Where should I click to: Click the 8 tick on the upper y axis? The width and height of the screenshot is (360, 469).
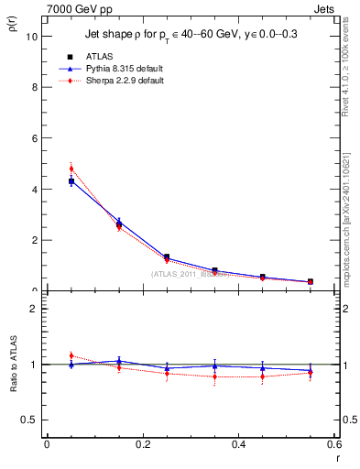coord(34,88)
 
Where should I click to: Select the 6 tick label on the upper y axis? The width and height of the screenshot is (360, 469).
coord(34,138)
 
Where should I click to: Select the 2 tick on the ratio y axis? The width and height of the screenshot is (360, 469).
coord(34,309)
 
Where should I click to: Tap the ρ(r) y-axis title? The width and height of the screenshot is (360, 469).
coord(10,27)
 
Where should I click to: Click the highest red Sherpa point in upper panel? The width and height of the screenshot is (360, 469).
coord(71,169)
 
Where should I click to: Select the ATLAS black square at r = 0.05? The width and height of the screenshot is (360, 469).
coord(71,181)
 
